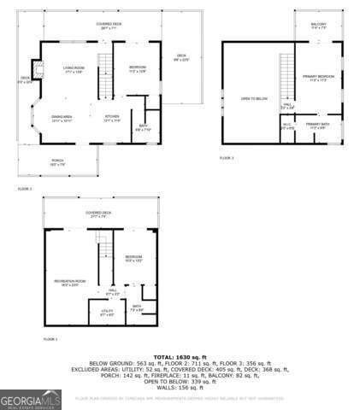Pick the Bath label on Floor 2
point(143,128)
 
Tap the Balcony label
point(319,25)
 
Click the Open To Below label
point(254,99)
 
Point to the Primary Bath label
point(318,126)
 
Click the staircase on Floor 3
point(287,77)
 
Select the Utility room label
point(107,313)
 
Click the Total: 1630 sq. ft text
point(180,355)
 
